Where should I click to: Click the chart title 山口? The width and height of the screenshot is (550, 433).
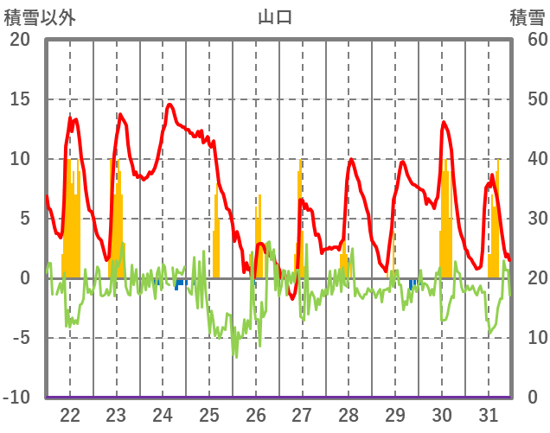[x=274, y=16]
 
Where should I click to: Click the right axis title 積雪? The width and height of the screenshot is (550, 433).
[x=527, y=16]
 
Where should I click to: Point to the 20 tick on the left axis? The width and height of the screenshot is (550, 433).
[x=19, y=40]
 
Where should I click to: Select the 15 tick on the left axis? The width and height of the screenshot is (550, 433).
[x=19, y=99]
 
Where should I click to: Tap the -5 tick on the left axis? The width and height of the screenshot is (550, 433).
[x=19, y=338]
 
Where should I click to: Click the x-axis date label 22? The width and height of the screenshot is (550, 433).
[x=70, y=415]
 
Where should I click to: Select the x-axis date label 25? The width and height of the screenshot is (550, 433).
[x=209, y=415]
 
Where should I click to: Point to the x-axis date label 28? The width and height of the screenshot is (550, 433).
[x=349, y=415]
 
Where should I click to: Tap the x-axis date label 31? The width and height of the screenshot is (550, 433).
[x=489, y=415]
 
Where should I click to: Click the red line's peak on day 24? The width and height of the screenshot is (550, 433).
[x=169, y=105]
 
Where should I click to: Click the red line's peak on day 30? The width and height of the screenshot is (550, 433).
[x=444, y=122]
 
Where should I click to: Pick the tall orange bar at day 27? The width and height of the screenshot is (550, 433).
[x=301, y=216]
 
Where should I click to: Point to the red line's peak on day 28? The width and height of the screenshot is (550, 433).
[x=352, y=159]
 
